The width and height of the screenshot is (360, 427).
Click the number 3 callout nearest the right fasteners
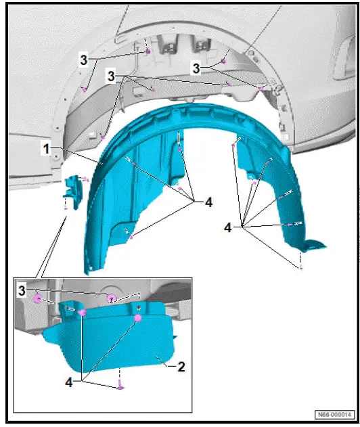click(196, 69)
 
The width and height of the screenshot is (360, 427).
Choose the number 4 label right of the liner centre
click(208, 201)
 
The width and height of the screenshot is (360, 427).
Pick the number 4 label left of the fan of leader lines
click(229, 229)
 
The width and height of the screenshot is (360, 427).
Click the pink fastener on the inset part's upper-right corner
click(137, 317)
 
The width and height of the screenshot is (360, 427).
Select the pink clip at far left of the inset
click(39, 298)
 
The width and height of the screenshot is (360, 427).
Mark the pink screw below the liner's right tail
click(300, 268)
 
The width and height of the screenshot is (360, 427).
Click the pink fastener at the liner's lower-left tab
click(130, 237)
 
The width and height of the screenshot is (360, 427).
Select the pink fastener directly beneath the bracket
click(65, 209)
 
